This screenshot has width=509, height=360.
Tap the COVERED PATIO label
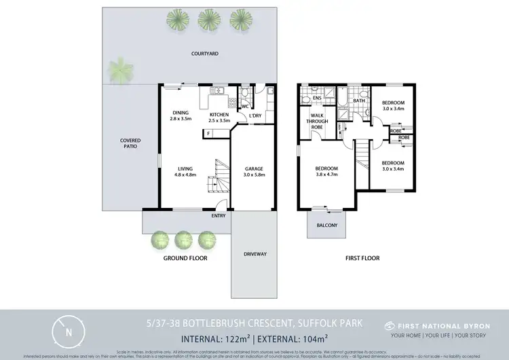click(x=130, y=143)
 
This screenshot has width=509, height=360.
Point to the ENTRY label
click(x=219, y=215)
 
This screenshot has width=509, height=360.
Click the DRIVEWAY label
click(x=254, y=255)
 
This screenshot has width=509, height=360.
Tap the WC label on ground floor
click(x=246, y=106)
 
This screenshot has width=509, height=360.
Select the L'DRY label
click(x=256, y=115)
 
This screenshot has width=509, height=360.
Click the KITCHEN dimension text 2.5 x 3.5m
click(x=221, y=120)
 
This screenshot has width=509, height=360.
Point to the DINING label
click(x=181, y=113)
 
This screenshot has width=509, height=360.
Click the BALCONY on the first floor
click(x=326, y=225)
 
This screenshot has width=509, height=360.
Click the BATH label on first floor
click(x=359, y=101)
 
